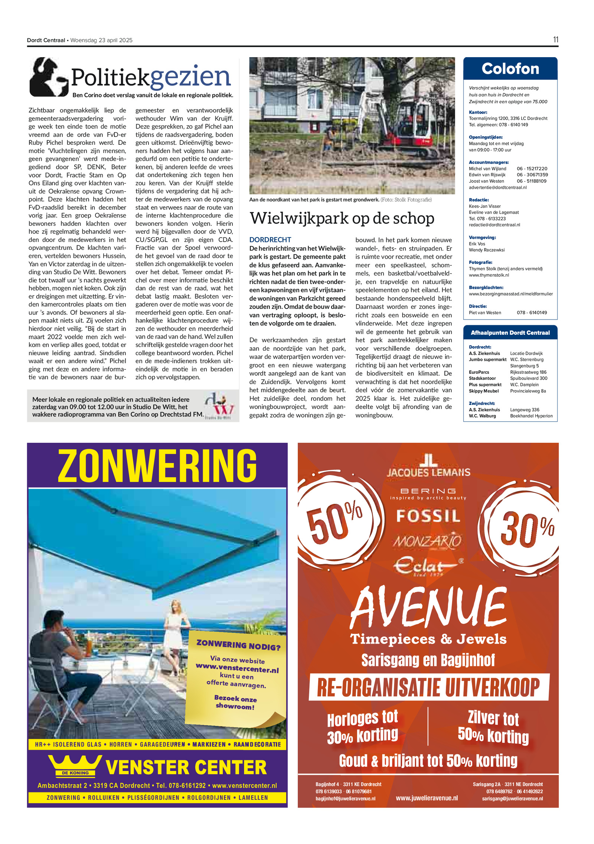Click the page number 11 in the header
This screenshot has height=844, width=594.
pos(555,40)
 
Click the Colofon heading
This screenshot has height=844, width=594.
pos(510,69)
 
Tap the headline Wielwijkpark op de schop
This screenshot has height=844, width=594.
pos(342,218)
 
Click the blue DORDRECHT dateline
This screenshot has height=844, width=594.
pos(270,240)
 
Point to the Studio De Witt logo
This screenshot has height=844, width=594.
pos(219,405)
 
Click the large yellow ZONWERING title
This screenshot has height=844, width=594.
pos(157,465)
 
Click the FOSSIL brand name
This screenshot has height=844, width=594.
pos(428,516)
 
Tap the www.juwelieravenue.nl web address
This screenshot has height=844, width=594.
pos(427,798)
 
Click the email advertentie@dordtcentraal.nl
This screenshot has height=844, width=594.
pos(497,187)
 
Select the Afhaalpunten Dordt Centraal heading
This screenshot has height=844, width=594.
pos(510,333)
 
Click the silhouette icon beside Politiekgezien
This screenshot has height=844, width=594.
pos(48,77)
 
